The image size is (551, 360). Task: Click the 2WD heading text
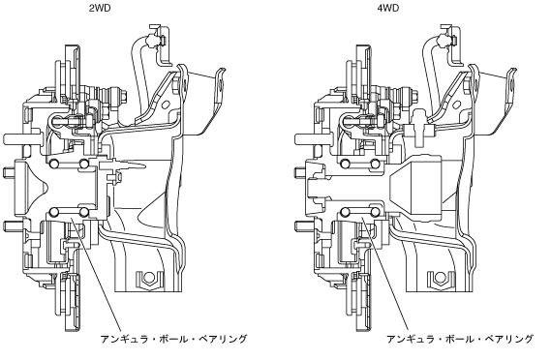tap(100, 8)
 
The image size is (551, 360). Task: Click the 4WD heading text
tap(388, 8)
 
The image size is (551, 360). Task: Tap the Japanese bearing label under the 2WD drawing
tap(173, 340)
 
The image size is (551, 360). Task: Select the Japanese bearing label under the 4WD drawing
tap(460, 340)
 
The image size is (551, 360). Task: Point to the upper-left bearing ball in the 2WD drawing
tap(54, 164)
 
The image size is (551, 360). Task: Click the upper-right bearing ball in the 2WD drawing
tap(84, 164)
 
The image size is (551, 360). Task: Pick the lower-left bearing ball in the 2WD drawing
tap(54, 212)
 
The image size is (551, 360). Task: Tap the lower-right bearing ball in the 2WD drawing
tap(84, 212)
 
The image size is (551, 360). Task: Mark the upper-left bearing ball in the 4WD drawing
tap(345, 164)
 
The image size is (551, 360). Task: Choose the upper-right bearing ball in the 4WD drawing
tap(376, 164)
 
